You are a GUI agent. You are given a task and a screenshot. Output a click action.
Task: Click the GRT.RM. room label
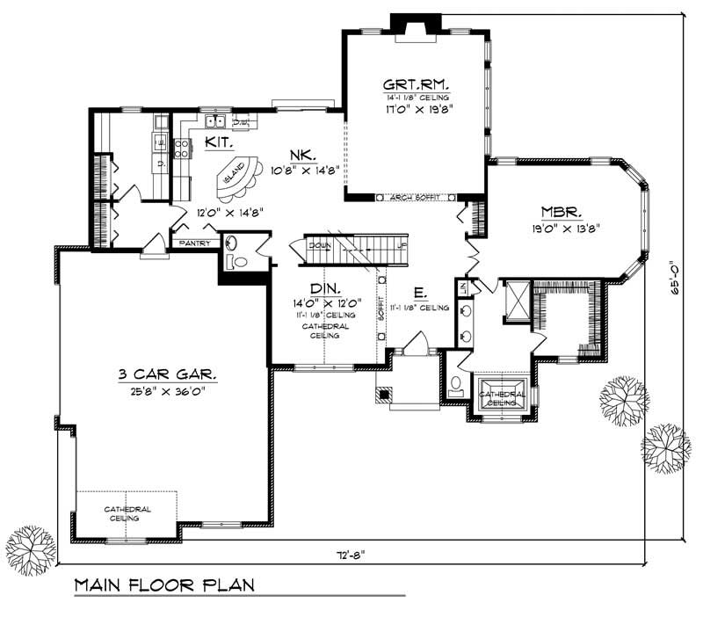(416, 85)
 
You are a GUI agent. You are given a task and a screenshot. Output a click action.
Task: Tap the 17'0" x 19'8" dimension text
(416, 111)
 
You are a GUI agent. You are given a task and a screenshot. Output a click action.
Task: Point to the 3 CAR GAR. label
(166, 374)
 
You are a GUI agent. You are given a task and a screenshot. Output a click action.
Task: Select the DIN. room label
(324, 288)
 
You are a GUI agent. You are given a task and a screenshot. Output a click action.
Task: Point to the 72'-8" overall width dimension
(349, 554)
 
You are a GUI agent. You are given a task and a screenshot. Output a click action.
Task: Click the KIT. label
(219, 142)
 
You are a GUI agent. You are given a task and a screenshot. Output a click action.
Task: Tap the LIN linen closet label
(461, 286)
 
